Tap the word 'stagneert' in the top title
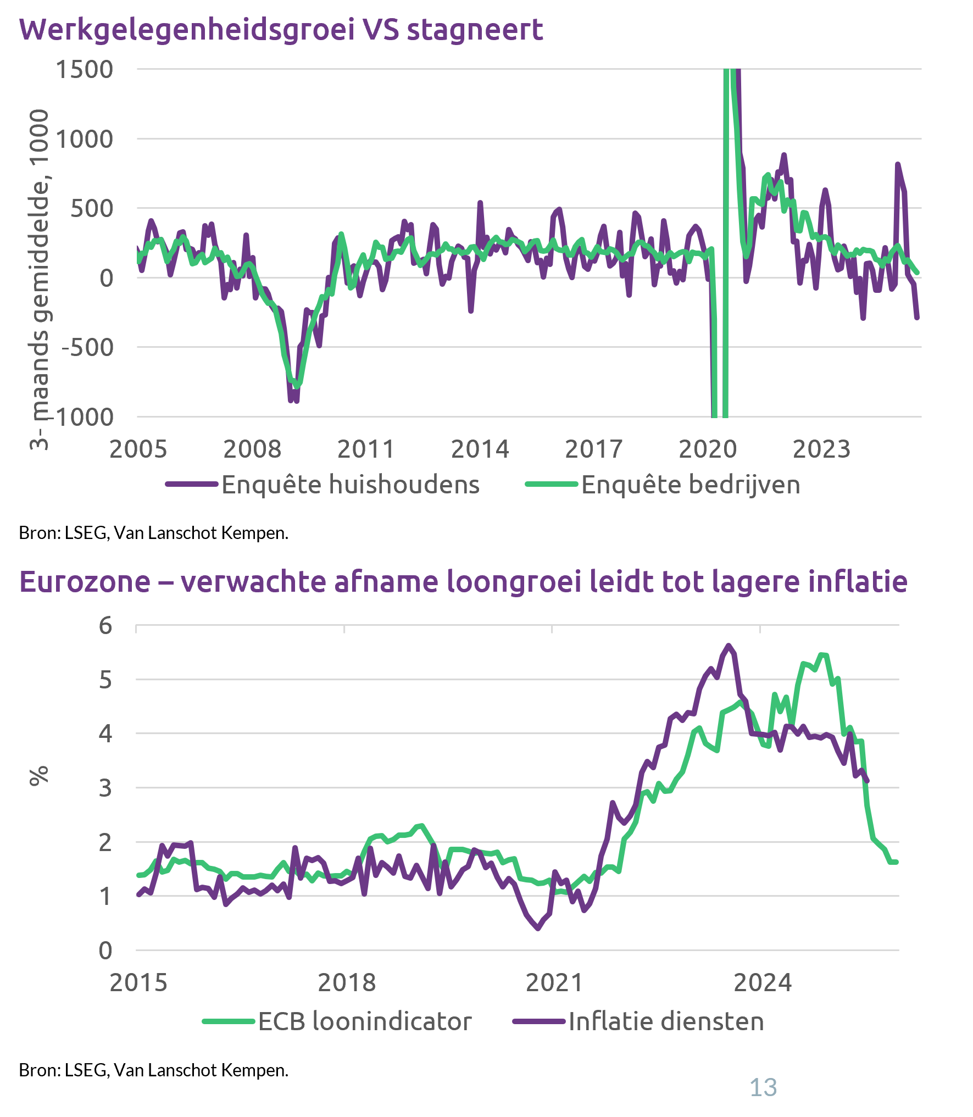475,30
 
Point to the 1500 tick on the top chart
85,70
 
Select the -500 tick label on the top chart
88,347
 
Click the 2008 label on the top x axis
252,449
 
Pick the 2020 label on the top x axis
707,449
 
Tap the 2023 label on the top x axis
821,449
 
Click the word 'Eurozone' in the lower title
85,582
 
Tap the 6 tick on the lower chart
105,625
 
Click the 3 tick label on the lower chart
105,787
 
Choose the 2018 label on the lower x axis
346,982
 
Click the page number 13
763,1087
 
